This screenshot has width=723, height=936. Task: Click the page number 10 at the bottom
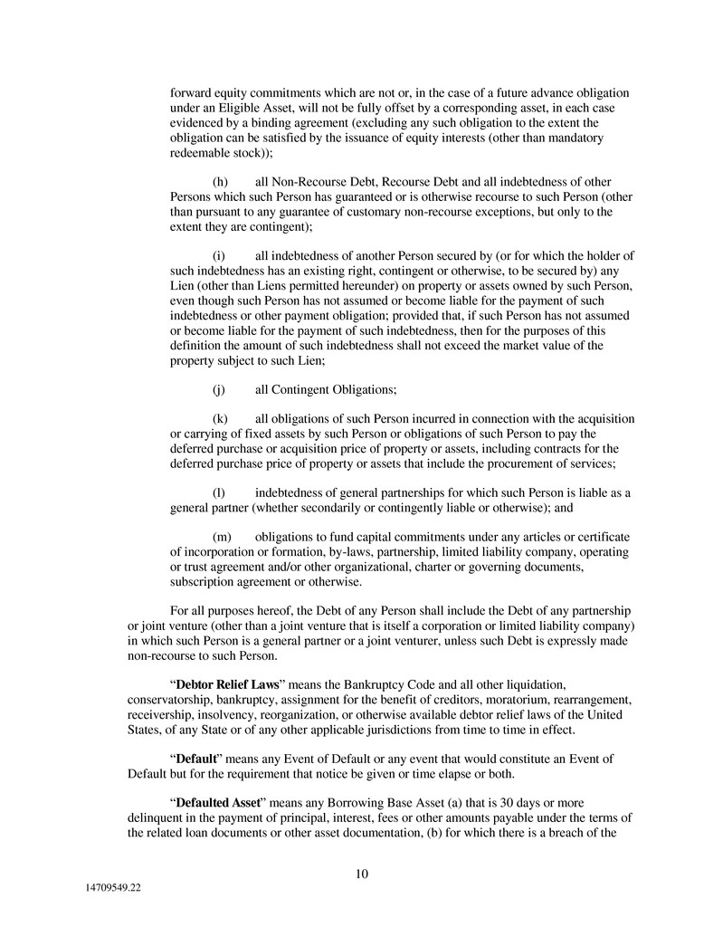tap(361, 874)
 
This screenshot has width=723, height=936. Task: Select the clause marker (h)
tap(220, 182)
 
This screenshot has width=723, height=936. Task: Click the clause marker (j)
tap(219, 389)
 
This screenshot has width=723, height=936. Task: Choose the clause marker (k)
tap(220, 419)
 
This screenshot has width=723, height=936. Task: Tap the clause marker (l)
tap(219, 492)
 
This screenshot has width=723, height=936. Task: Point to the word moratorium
tap(480, 699)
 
